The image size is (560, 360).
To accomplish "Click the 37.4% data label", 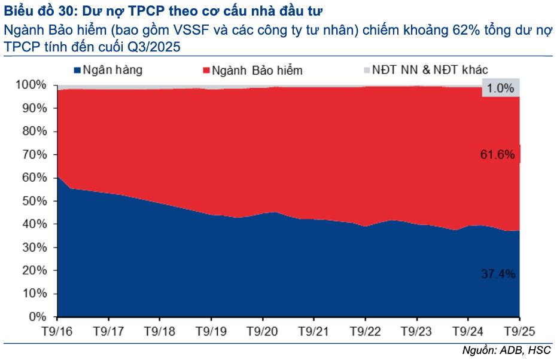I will pos(498,274).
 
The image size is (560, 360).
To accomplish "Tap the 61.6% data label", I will pos(497,155).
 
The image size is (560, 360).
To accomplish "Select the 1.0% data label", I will pos(500,89).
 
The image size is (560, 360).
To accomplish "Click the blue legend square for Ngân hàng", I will pos(77,70).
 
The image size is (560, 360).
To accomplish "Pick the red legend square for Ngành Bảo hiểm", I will pos(207,70).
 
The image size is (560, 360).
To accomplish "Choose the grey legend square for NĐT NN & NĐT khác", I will pos(366,70).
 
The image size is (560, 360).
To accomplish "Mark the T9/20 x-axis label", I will pos(261,331).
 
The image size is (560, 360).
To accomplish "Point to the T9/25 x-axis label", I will pos(519,331).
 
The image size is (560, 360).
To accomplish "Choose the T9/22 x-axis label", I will pos(364,331).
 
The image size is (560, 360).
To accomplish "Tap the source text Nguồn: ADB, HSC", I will pos(507,350).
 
